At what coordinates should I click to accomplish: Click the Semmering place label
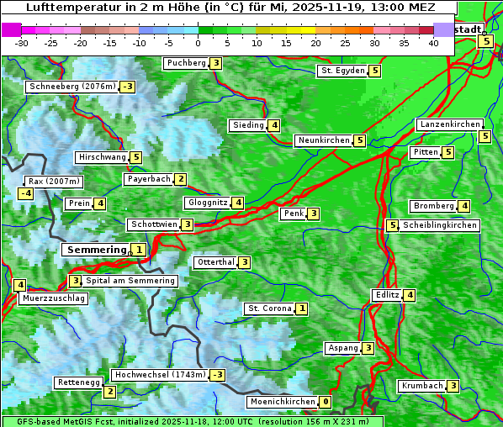pyautogui.click(x=95, y=250)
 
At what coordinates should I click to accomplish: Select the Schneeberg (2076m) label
pyautogui.click(x=71, y=87)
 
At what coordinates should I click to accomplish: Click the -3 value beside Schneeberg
pyautogui.click(x=128, y=87)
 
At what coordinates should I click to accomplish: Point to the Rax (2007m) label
pyautogui.click(x=53, y=181)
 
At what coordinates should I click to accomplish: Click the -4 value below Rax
pyautogui.click(x=26, y=194)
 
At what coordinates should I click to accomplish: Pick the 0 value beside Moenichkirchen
pyautogui.click(x=326, y=403)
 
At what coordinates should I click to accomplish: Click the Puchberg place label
pyautogui.click(x=186, y=63)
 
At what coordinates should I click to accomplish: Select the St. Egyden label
pyautogui.click(x=342, y=71)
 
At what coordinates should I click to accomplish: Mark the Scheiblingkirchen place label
pyautogui.click(x=440, y=225)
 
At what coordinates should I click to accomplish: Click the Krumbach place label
pyautogui.click(x=421, y=386)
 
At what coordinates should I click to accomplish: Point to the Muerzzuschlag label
pyautogui.click(x=54, y=298)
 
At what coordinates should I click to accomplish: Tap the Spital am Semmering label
pyautogui.click(x=130, y=281)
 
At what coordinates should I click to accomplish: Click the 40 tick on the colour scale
pyautogui.click(x=433, y=43)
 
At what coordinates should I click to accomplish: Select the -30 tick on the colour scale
pyautogui.click(x=22, y=43)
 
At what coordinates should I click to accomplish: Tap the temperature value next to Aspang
pyautogui.click(x=368, y=348)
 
